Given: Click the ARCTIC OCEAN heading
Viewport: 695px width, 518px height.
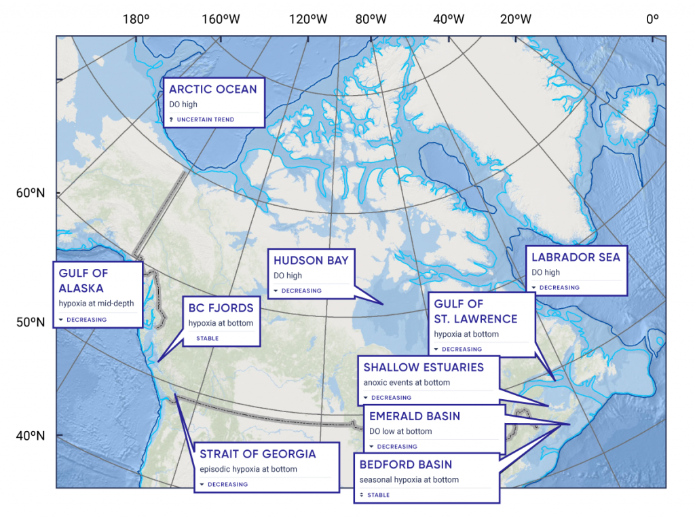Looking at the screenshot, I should (x=212, y=89).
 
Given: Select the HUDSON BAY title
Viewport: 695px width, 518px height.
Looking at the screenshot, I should (x=311, y=261).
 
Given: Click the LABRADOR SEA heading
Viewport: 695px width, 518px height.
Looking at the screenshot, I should (x=576, y=257).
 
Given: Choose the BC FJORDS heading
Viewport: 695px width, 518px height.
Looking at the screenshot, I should (x=221, y=308).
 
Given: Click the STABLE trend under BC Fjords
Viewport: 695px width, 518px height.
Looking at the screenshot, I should (x=207, y=337).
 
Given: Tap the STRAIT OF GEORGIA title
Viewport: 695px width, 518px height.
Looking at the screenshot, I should (x=257, y=454).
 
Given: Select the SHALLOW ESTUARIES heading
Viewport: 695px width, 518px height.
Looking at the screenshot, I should (x=424, y=367).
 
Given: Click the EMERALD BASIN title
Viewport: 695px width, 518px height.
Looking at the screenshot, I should (x=415, y=415).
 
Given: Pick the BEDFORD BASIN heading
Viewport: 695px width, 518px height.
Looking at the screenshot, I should (x=406, y=464).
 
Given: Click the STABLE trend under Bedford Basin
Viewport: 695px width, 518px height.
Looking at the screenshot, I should (x=378, y=495).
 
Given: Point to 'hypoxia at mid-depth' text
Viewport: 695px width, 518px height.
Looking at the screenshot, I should (x=96, y=303).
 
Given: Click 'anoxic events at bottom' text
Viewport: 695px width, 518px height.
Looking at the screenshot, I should (x=407, y=382).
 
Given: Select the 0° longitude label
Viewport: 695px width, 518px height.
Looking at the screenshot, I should (x=652, y=19).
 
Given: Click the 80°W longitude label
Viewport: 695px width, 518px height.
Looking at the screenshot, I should (x=372, y=19).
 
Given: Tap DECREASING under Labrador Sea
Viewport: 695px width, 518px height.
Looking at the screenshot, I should (x=559, y=287).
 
